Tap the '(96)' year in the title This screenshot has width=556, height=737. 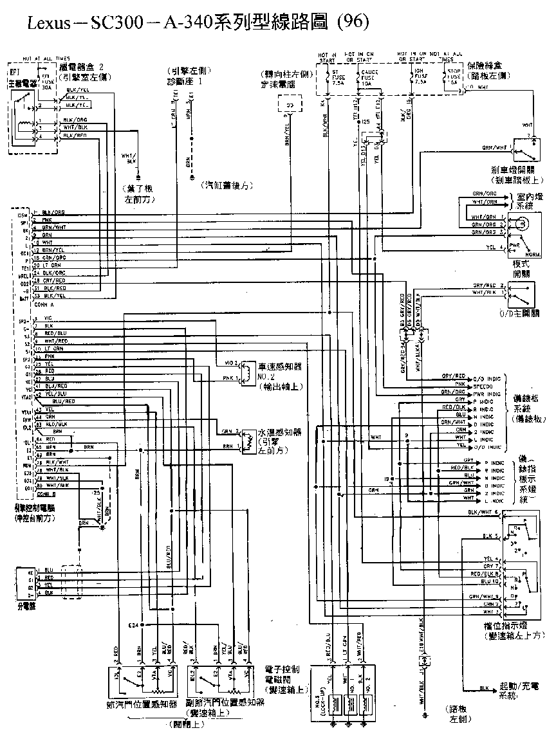click(x=352, y=23)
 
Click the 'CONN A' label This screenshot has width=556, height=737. click(x=44, y=304)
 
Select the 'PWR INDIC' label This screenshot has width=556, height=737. click(x=486, y=392)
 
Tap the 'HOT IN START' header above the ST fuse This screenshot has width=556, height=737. click(x=328, y=57)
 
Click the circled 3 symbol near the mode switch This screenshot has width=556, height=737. click(x=522, y=224)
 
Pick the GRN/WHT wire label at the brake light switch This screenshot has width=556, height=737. click(x=494, y=147)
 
